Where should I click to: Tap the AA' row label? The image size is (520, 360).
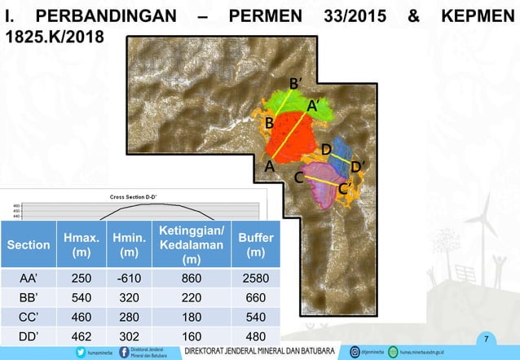[x=28, y=279]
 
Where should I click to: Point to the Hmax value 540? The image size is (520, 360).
[x=82, y=298]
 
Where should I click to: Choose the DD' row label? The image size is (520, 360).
[x=28, y=336]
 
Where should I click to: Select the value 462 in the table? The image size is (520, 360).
[x=82, y=336]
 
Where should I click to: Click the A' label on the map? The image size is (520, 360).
[x=312, y=105]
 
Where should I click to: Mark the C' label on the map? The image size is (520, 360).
[x=345, y=188]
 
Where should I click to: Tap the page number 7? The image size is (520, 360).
[x=486, y=338]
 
